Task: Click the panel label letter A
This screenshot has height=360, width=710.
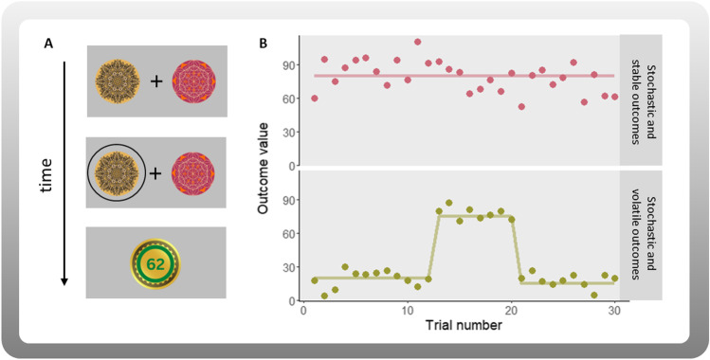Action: click(47, 44)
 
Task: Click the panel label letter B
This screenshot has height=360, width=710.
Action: click(263, 44)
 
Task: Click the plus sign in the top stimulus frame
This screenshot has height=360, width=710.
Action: click(155, 81)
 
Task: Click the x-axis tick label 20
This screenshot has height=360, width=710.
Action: click(512, 310)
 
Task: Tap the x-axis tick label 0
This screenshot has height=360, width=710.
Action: click(302, 310)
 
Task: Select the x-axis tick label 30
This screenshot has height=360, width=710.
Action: click(616, 310)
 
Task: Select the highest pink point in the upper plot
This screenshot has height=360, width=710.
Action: click(418, 42)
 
